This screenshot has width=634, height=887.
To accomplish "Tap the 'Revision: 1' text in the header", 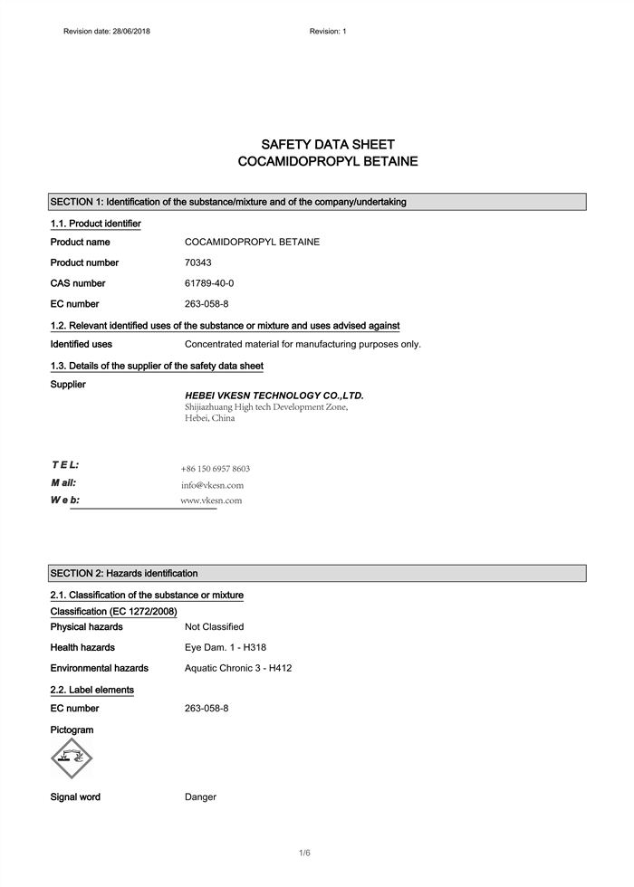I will tap(328, 32).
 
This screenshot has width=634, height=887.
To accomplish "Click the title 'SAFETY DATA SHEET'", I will tap(327, 145).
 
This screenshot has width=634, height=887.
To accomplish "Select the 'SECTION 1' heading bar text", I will tap(228, 202).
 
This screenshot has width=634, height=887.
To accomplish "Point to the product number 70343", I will tap(198, 262).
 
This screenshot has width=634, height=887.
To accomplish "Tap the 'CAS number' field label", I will tap(78, 283).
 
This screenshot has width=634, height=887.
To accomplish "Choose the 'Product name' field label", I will tap(81, 242).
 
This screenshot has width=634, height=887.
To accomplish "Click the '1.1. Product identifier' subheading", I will tap(95, 224).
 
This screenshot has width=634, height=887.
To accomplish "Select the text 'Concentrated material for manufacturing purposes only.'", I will tap(303, 344).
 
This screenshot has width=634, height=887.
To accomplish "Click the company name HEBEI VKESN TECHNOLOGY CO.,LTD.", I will tap(274, 396).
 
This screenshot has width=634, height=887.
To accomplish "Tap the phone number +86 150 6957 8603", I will tap(216, 469).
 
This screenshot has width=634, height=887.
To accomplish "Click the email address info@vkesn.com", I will tap(212, 485).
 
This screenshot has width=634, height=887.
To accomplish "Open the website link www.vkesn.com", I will tap(211, 501).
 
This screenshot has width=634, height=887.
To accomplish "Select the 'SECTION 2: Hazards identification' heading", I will tap(124, 573).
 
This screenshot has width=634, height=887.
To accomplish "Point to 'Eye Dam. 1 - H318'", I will tap(226, 647).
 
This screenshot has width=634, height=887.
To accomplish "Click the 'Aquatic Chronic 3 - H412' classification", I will tap(238, 668).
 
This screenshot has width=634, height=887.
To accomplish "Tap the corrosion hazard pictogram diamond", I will tap(72, 758).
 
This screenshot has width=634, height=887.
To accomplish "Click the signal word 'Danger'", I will tap(200, 797).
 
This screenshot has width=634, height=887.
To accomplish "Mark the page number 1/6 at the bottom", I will tap(305, 853).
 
